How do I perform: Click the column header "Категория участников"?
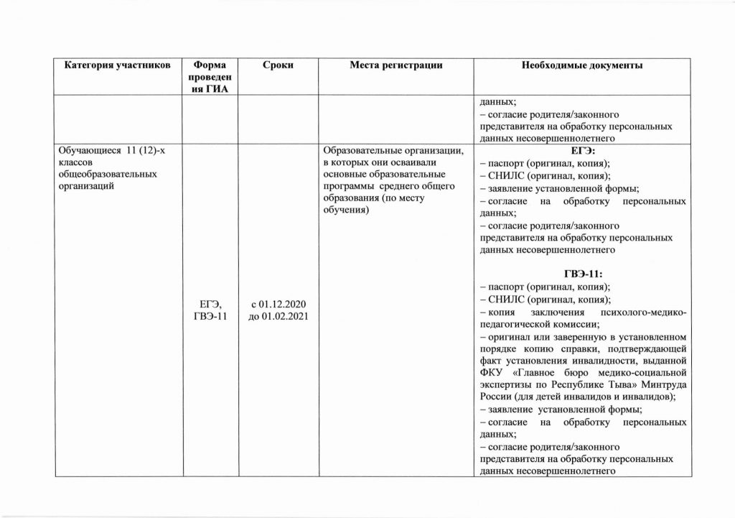[x=118, y=65]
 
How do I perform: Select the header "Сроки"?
[x=278, y=65]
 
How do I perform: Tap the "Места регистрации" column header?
[x=396, y=65]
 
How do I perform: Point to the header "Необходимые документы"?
[x=582, y=65]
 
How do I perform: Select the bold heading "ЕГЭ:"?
[x=582, y=150]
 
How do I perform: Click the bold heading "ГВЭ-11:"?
[x=582, y=274]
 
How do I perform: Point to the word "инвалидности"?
[x=593, y=360]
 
